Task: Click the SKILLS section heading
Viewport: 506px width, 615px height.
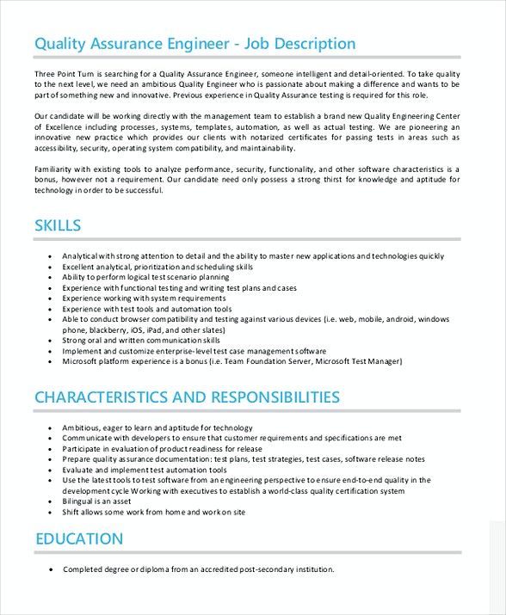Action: [58, 226]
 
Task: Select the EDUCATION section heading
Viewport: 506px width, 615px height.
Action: [79, 539]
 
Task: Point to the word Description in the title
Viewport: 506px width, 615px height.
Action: [308, 44]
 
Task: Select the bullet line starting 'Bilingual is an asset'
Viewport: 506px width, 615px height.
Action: [96, 501]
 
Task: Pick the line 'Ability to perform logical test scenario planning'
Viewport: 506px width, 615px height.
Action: [145, 278]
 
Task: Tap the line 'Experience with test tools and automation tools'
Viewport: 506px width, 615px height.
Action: [146, 309]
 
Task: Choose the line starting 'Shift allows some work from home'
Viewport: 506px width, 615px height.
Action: [153, 512]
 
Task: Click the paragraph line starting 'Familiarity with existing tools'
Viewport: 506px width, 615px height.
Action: [247, 169]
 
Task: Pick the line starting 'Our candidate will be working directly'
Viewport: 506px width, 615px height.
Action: [247, 116]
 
